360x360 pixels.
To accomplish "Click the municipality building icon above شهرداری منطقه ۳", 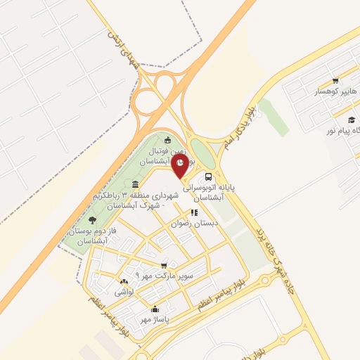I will pyautogui.click(x=135, y=184).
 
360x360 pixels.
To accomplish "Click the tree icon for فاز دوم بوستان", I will pyautogui.click(x=92, y=220).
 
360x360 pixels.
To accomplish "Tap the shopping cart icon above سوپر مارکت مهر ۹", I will pyautogui.click(x=164, y=265).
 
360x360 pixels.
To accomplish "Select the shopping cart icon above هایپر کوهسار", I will pyautogui.click(x=335, y=81).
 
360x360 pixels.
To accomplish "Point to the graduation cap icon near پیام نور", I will pyautogui.click(x=349, y=120).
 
